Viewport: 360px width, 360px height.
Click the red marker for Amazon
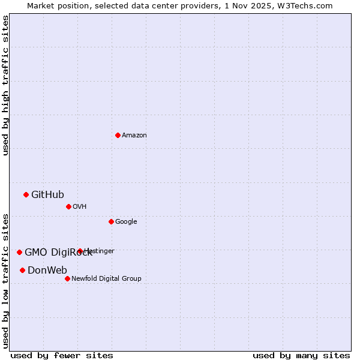coord(118,135)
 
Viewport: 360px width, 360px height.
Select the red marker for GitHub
coord(26,194)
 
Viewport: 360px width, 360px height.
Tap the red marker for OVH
coord(68,206)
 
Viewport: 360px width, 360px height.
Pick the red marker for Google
coord(111,221)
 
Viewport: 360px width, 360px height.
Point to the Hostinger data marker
coord(80,251)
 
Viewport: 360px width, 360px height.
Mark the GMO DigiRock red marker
coord(19,252)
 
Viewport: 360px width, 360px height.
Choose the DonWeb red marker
coord(22,270)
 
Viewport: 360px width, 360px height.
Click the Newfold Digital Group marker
coord(67,278)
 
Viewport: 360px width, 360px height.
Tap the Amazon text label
coord(134,136)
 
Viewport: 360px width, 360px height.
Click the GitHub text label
coord(47,194)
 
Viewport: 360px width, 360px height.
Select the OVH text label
coord(80,207)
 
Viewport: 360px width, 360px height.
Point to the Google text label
coord(126,222)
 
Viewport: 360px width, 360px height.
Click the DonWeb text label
coord(47,270)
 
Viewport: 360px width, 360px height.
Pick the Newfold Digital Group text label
coord(106,279)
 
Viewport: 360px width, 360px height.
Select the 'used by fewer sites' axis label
coord(62,355)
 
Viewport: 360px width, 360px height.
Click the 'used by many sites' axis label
coord(301,355)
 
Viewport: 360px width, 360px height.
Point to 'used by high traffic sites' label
coord(5,85)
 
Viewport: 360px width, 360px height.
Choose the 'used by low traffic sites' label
coord(5,281)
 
